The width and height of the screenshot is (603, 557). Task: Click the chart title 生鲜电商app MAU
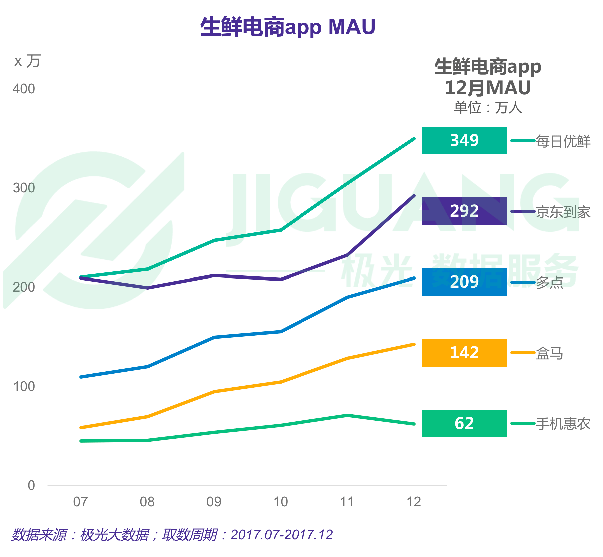click(x=288, y=27)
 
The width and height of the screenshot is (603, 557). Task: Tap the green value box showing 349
click(x=464, y=140)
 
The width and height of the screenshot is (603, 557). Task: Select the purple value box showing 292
click(x=464, y=211)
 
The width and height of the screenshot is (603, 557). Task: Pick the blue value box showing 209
click(x=464, y=282)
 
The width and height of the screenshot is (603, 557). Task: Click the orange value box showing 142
click(x=464, y=353)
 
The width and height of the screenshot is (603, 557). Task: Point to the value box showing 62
click(x=464, y=423)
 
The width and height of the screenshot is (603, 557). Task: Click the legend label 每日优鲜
click(x=563, y=141)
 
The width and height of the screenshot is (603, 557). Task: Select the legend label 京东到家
click(x=563, y=212)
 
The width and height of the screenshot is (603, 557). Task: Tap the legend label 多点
click(x=549, y=283)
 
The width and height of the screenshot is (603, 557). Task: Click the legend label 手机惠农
click(x=563, y=424)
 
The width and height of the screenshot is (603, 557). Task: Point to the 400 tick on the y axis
click(x=24, y=89)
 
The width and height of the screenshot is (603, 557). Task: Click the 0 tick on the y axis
click(x=31, y=486)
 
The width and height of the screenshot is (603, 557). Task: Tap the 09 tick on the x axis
click(x=214, y=502)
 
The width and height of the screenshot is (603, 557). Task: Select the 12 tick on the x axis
click(x=414, y=502)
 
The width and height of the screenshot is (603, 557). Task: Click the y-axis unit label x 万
click(x=27, y=61)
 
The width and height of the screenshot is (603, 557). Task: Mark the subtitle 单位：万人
click(x=488, y=108)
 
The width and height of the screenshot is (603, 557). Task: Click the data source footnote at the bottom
click(x=172, y=535)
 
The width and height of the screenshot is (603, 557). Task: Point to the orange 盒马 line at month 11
click(x=347, y=358)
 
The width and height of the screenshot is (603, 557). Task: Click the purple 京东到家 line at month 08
click(x=148, y=288)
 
